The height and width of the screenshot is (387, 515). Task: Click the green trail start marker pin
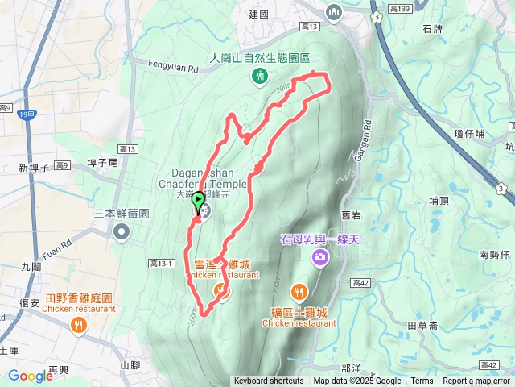point(198,202)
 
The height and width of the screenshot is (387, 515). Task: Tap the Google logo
point(30,376)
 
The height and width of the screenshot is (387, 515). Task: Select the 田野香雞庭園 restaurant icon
point(78,325)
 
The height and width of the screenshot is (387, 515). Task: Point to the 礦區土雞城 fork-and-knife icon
point(299,292)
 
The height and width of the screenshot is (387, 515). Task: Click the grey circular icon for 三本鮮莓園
point(122,233)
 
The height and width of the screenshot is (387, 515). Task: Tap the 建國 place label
point(258,15)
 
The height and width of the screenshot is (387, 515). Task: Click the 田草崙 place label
point(422,324)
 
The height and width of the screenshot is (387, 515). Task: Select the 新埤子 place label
point(34,168)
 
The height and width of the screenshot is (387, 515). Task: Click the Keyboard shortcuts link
point(269,381)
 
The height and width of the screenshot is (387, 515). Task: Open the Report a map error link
point(476,381)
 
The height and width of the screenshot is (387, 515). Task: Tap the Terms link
point(422,381)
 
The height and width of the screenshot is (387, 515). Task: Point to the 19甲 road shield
point(27,115)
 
